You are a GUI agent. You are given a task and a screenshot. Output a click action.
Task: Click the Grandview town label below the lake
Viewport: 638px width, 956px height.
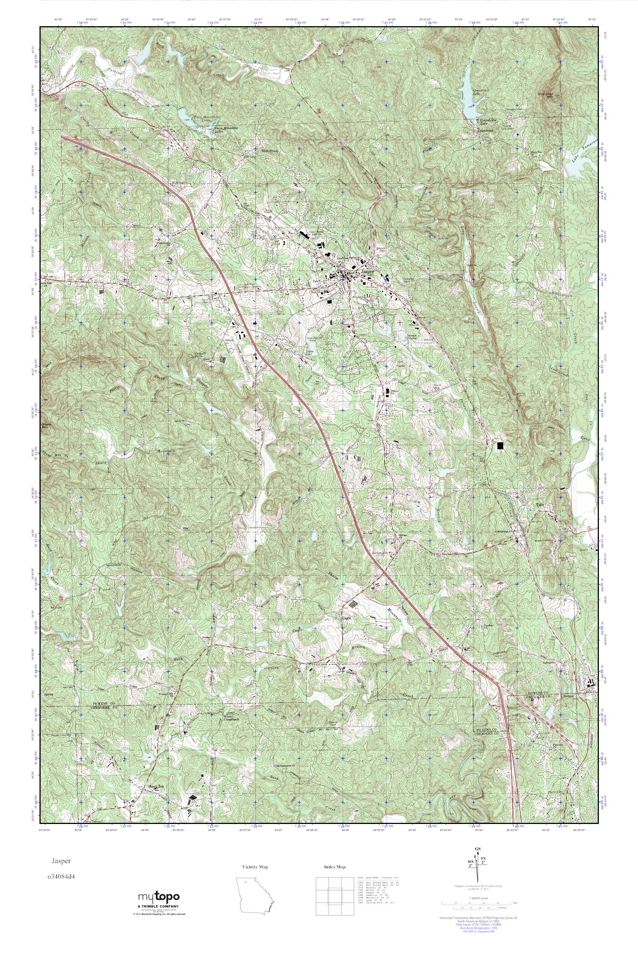coord(485,131)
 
